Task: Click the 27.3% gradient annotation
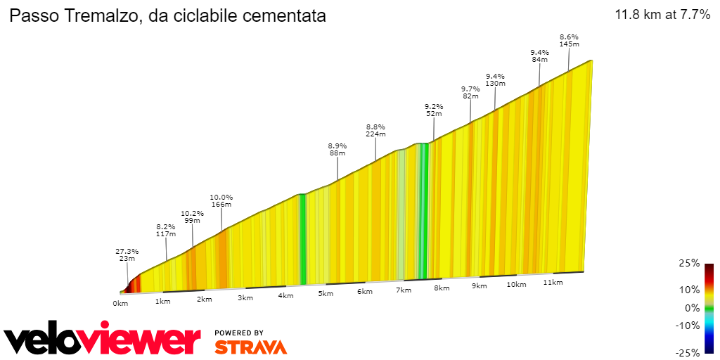click(127, 255)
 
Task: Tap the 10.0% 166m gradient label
click(221, 201)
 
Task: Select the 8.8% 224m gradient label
click(375, 130)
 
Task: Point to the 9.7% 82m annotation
click(470, 92)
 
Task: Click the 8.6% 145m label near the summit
click(569, 40)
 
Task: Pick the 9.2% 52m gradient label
click(434, 110)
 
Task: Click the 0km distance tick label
click(120, 303)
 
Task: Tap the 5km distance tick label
click(325, 294)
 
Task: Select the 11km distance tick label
click(553, 283)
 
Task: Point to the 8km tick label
click(442, 288)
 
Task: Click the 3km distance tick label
click(245, 298)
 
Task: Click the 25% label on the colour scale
click(690, 263)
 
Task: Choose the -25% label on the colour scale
click(688, 353)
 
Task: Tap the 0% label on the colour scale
click(692, 307)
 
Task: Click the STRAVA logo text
click(250, 347)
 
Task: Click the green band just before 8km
click(423, 211)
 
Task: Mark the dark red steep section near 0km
click(131, 284)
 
